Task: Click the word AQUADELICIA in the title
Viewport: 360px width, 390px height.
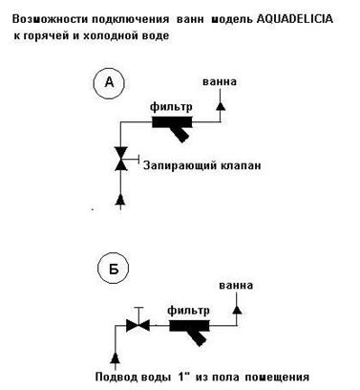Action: tap(294, 19)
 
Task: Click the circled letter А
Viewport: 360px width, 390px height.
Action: tap(109, 83)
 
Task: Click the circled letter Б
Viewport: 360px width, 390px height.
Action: tap(114, 269)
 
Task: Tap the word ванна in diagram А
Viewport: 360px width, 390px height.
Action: tap(220, 82)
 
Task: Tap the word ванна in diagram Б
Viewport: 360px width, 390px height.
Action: tap(236, 285)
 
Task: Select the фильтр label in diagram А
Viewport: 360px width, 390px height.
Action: tap(171, 107)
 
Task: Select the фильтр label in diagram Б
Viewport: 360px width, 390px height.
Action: tap(188, 311)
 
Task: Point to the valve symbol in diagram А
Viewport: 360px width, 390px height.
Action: tap(120, 159)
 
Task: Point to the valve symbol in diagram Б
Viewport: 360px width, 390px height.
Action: tap(138, 325)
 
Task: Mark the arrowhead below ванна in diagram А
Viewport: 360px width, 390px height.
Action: tap(221, 106)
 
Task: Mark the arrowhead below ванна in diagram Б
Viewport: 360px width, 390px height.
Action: tap(237, 310)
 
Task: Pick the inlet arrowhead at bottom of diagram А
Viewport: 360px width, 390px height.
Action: tap(120, 199)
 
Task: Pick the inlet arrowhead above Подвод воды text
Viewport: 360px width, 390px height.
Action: tap(115, 357)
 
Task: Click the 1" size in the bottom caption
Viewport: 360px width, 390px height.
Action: tap(182, 377)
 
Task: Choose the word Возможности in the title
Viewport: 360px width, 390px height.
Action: tap(51, 19)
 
